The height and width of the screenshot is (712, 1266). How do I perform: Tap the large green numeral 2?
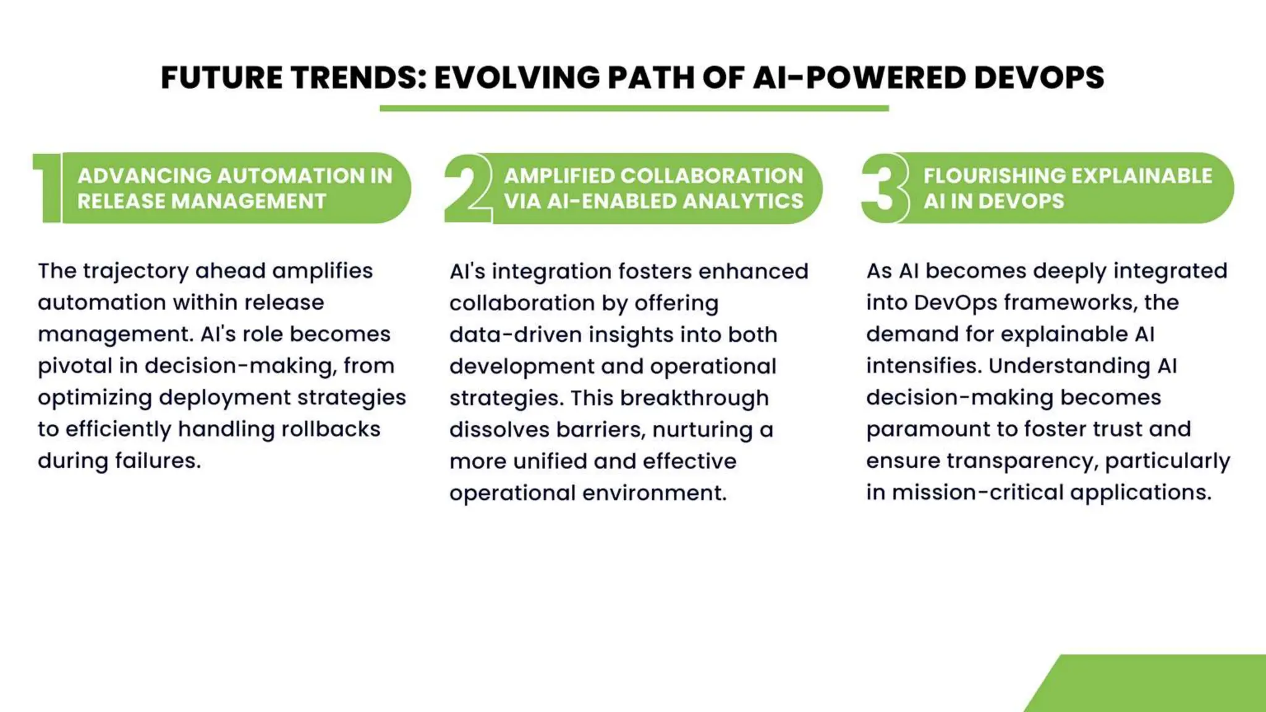tap(468, 188)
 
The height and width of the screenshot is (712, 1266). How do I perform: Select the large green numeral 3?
tap(885, 188)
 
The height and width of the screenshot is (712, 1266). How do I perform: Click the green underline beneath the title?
tap(634, 108)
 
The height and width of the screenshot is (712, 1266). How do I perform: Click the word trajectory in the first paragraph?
tap(135, 271)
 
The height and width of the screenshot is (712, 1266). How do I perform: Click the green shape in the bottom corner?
tap(1162, 686)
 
